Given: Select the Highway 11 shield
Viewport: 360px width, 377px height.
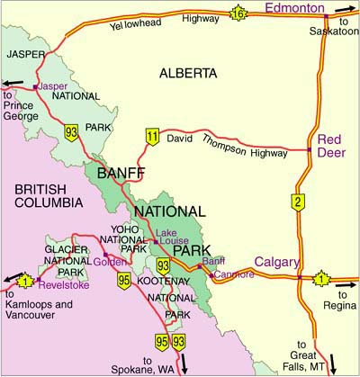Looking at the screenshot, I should (x=151, y=136).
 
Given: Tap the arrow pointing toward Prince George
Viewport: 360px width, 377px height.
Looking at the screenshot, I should (x=12, y=86).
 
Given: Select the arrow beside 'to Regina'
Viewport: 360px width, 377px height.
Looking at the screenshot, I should (x=344, y=279).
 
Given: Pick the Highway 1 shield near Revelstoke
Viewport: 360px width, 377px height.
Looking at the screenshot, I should (x=26, y=281).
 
